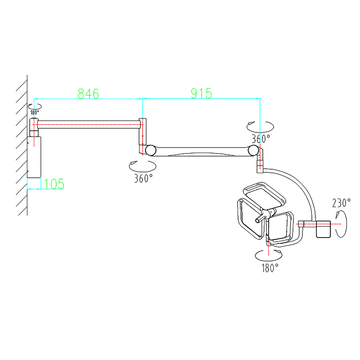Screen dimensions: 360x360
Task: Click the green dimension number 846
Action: pyautogui.click(x=88, y=94)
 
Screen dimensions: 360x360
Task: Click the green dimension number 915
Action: pyautogui.click(x=202, y=93)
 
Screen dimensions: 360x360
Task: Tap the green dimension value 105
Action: pyautogui.click(x=54, y=184)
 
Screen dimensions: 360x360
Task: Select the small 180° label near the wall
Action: pyautogui.click(x=35, y=112)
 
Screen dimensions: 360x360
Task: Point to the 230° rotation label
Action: pyautogui.click(x=342, y=203)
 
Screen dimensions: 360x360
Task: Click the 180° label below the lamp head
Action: pyautogui.click(x=270, y=268)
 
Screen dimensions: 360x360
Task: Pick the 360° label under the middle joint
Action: pyautogui.click(x=143, y=178)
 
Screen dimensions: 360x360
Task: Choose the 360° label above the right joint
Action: pyautogui.click(x=261, y=139)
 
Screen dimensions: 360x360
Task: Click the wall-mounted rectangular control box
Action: pyautogui.click(x=34, y=157)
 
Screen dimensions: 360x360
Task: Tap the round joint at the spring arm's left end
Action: pyautogui.click(x=151, y=150)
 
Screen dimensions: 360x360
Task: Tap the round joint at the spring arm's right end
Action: pyautogui.click(x=253, y=150)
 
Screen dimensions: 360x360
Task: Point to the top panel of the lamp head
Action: pyautogui.click(x=264, y=195)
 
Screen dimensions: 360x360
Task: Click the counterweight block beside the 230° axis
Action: pyautogui.click(x=323, y=229)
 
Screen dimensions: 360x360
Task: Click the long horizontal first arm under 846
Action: pyautogui.click(x=89, y=124)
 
